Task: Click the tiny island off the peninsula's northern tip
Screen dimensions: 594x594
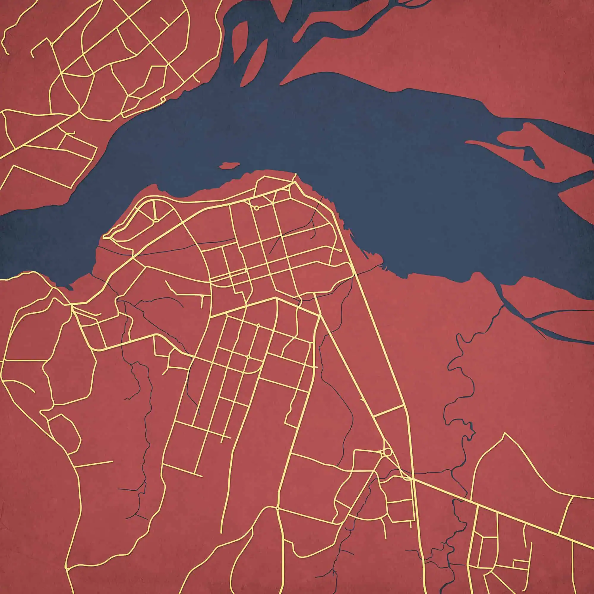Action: pos(229,166)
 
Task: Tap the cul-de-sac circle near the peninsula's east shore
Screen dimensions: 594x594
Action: pos(340,251)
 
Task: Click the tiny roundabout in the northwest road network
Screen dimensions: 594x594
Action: pos(51,44)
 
